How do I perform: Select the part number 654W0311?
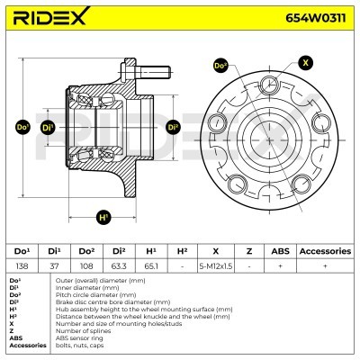click(x=315, y=18)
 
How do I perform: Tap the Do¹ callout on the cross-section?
click(x=22, y=127)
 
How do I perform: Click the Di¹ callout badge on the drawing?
click(x=48, y=128)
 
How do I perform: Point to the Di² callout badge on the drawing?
click(x=173, y=127)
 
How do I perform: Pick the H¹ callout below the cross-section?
click(x=103, y=217)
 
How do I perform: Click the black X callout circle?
click(x=305, y=63)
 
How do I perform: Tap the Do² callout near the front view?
click(x=220, y=66)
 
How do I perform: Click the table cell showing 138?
click(x=22, y=265)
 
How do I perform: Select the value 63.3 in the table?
click(x=119, y=265)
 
